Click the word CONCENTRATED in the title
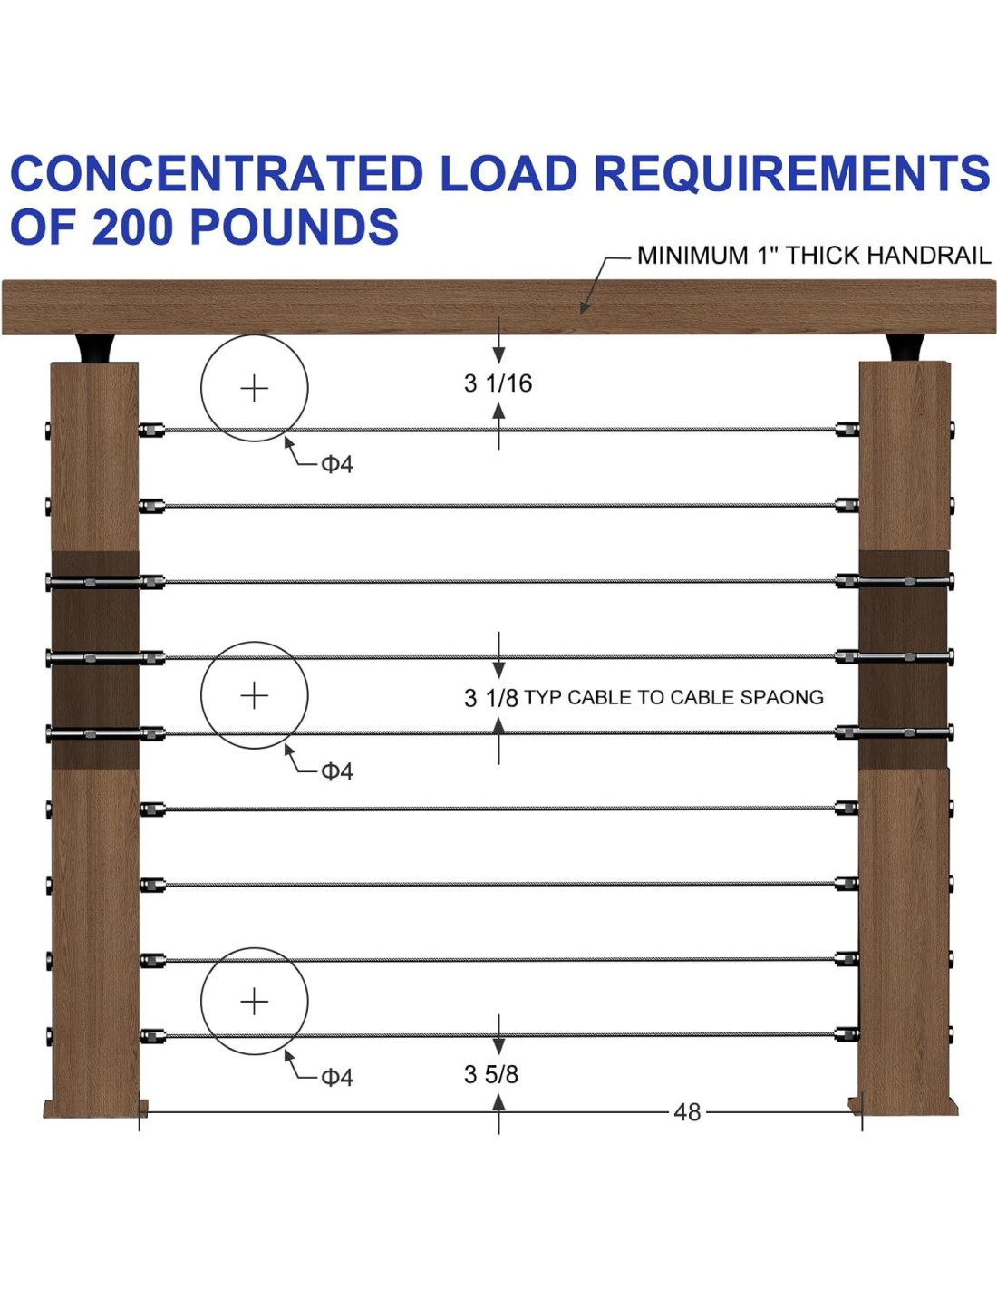[x=217, y=173]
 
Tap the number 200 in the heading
[x=132, y=227]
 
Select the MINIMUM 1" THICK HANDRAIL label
[x=813, y=256]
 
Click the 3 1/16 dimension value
[x=498, y=383]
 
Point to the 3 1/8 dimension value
[x=490, y=698]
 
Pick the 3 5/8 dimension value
[x=490, y=1074]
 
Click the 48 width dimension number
[x=687, y=1112]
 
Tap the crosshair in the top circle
[x=255, y=388]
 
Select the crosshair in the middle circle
[x=255, y=695]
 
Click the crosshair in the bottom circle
[x=255, y=1001]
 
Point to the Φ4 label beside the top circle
[x=337, y=464]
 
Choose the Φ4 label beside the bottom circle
[x=337, y=1077]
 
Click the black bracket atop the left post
[x=95, y=349]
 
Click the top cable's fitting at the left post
[x=151, y=429]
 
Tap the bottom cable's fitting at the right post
[x=847, y=1033]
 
